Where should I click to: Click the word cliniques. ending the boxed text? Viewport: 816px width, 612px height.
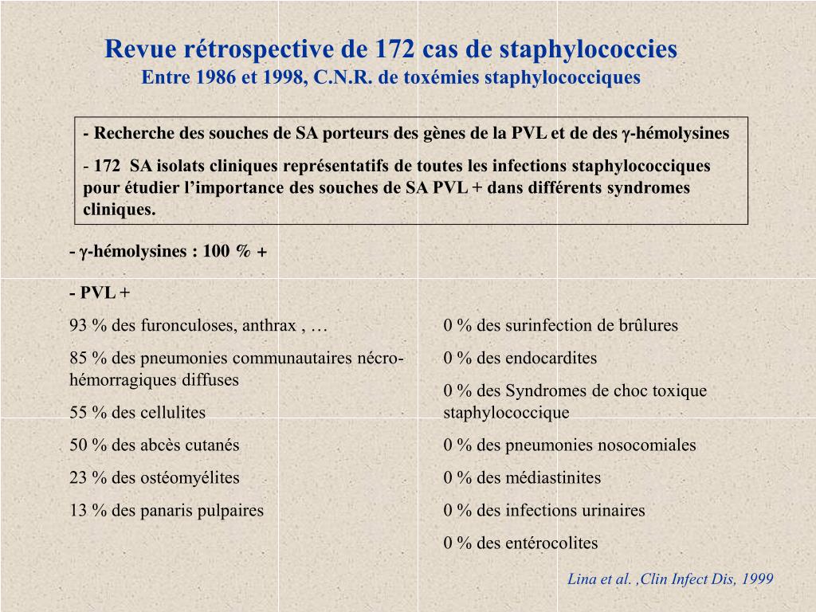coord(120,210)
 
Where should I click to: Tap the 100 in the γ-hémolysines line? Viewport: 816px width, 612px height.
coord(216,252)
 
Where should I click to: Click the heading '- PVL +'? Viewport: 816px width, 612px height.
coord(100,293)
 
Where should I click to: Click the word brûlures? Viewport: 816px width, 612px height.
coord(649,325)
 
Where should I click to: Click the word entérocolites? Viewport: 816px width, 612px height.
coord(551,543)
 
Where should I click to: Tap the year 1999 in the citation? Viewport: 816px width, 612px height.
coord(757,579)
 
